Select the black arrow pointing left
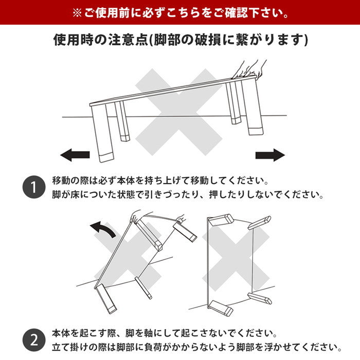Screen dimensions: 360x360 click(x=75, y=154)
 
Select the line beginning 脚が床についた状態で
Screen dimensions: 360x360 click(x=187, y=196)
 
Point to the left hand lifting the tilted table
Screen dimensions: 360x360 click(x=136, y=215)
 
